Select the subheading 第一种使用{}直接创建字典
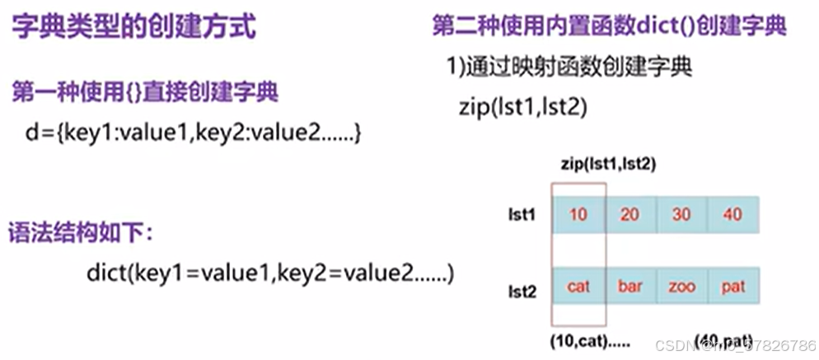pos(145,92)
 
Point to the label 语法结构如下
pos(81,233)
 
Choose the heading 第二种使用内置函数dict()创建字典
pos(609,26)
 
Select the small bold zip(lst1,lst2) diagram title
pos(607,165)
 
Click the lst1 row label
pos(522,215)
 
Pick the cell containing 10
pos(578,215)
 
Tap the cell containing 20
pos(629,215)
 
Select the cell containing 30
pos(681,215)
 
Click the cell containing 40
pos(732,215)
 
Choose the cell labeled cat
pos(578,287)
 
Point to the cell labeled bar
pos(629,287)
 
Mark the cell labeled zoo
pos(681,287)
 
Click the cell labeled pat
pos(732,287)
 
